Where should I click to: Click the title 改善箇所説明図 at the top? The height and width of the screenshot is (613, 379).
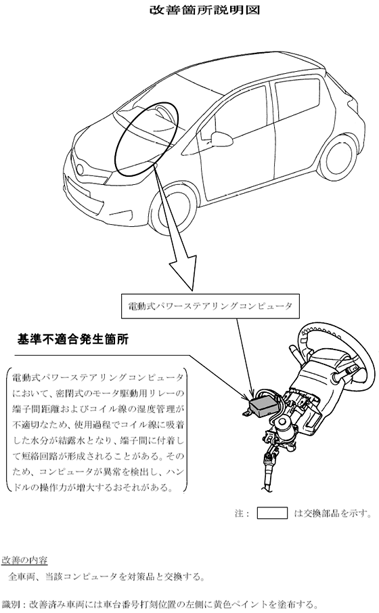coord(205,9)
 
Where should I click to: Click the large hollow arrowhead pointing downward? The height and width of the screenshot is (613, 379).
coord(183,272)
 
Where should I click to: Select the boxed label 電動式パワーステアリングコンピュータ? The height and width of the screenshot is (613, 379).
coord(210,305)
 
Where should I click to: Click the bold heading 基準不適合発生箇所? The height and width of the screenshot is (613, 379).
coord(73,339)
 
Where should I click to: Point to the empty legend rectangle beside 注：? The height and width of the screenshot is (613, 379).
coord(272,513)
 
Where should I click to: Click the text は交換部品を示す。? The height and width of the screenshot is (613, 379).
coord(332,513)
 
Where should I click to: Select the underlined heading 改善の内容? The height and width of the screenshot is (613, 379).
coord(24,560)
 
